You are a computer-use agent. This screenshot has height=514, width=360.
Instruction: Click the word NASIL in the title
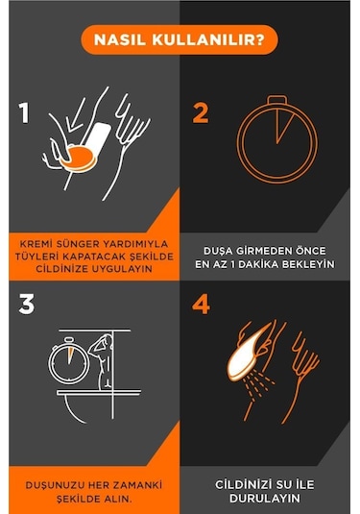[x=120, y=40]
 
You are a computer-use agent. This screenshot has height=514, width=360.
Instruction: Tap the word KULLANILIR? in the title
[x=208, y=40]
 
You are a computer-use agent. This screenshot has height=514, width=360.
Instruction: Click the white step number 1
[x=24, y=113]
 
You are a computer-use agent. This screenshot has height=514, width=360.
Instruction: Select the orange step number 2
[x=201, y=113]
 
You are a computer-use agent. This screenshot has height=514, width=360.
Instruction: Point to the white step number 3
[x=27, y=305]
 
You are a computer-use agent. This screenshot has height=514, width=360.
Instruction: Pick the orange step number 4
[x=202, y=305]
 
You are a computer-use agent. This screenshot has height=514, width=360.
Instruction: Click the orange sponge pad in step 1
[x=79, y=159]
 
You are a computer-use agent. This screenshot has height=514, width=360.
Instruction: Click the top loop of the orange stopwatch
[x=277, y=99]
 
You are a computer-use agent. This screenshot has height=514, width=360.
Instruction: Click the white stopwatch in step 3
[x=69, y=360]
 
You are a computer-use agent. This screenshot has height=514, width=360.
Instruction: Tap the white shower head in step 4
[x=248, y=353]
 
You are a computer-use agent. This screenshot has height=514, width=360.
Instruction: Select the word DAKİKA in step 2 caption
[x=258, y=264]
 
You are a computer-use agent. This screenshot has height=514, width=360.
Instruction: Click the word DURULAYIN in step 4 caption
[x=265, y=499]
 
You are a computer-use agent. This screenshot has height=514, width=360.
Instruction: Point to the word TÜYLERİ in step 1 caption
[x=36, y=257]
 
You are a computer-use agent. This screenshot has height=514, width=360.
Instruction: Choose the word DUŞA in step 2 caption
[x=216, y=252]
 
